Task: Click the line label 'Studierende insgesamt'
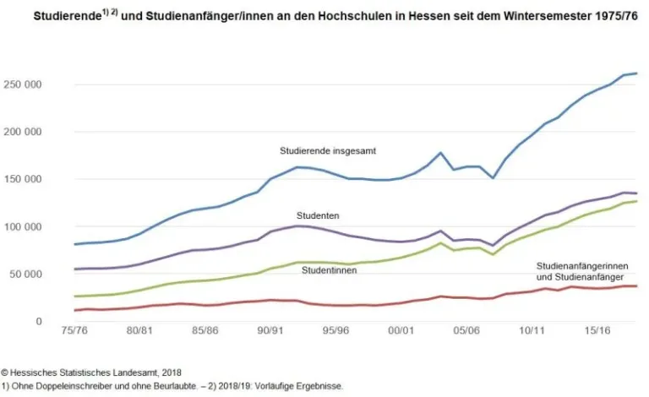(328, 151)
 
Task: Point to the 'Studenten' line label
(318, 216)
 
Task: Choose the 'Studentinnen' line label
(329, 269)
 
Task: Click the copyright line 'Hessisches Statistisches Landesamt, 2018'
(95, 372)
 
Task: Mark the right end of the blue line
(636, 73)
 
